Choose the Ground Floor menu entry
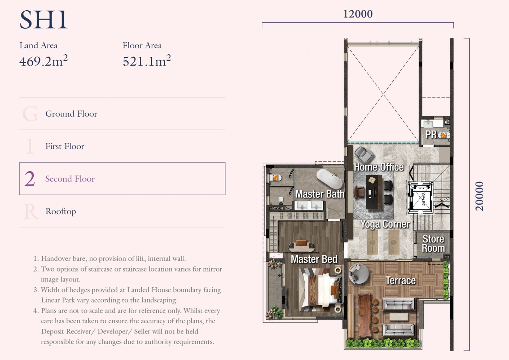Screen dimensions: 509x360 click(x=71, y=114)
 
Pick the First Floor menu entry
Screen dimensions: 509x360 click(x=65, y=146)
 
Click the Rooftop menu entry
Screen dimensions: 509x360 click(x=61, y=211)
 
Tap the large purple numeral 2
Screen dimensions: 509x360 click(x=30, y=179)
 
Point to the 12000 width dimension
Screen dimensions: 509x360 click(x=358, y=14)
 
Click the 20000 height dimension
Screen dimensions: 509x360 click(x=479, y=196)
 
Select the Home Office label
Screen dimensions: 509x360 click(x=379, y=167)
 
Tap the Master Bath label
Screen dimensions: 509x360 click(x=320, y=194)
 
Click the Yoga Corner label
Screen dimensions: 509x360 click(x=385, y=224)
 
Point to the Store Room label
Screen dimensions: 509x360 click(x=433, y=244)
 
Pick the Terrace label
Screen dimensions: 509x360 click(x=401, y=280)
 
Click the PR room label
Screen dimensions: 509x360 click(x=431, y=134)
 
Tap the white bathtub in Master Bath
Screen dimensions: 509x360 click(x=330, y=179)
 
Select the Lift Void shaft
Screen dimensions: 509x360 click(x=420, y=197)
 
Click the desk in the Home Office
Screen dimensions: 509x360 click(x=374, y=192)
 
